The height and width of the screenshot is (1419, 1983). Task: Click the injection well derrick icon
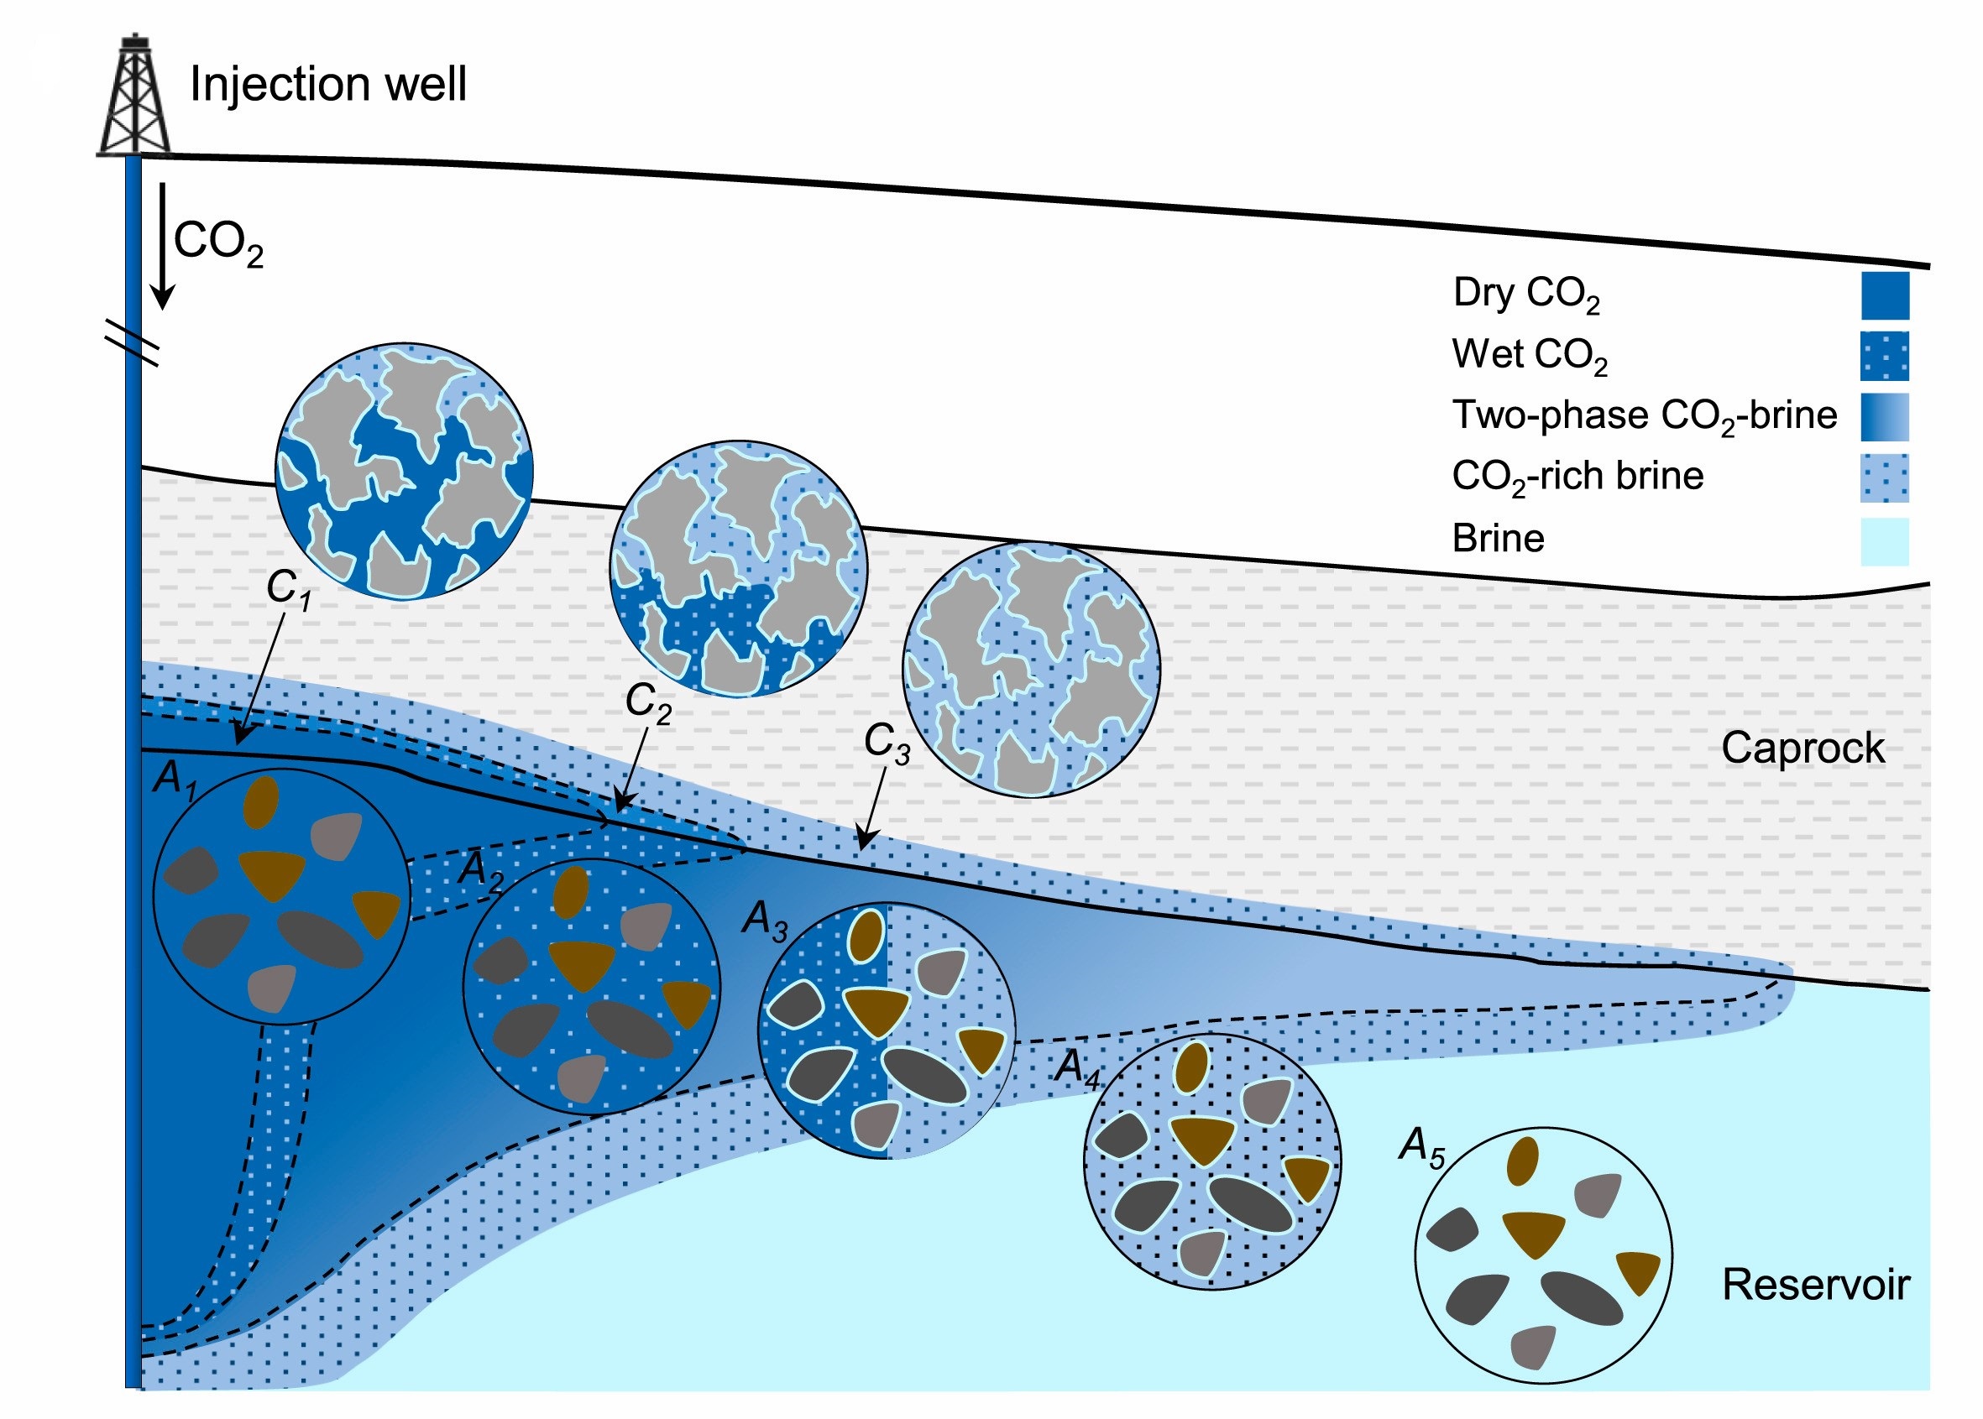[133, 97]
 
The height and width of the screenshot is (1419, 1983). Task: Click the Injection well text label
[327, 85]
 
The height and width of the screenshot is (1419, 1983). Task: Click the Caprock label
[1802, 748]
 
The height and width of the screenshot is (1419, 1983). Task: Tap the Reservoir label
[1815, 1285]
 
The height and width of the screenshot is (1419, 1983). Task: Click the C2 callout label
[647, 703]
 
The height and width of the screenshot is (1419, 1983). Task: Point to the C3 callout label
[887, 743]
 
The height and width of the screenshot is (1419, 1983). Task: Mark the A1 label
[175, 779]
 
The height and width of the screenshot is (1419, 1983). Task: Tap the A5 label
[1421, 1146]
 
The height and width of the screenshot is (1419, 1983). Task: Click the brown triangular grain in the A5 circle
[1534, 1233]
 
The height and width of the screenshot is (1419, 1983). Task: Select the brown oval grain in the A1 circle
[260, 802]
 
